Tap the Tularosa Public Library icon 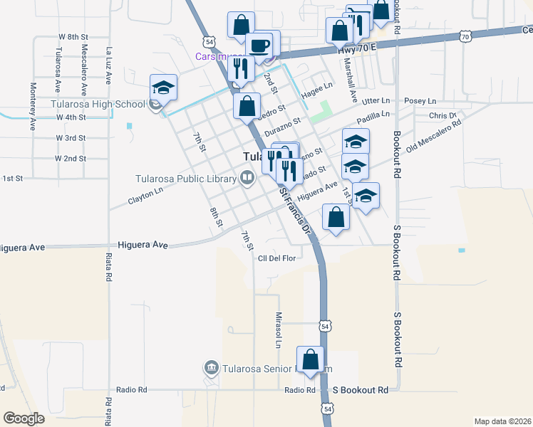247,177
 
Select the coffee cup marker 259,46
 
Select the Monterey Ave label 33,106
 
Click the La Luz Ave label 109,66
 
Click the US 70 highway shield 465,35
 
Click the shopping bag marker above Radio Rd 311,361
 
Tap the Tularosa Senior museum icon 212,368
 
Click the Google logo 24,418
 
